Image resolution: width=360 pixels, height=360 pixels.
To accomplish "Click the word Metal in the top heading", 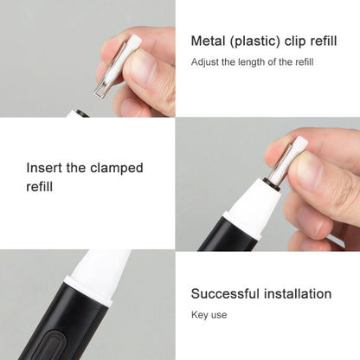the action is click(x=208, y=41).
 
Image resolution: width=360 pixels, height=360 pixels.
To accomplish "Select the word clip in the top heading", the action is click(x=295, y=42).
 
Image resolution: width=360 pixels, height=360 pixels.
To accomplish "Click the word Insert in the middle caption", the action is click(x=44, y=168).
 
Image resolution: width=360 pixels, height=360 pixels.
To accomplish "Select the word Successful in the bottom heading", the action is click(x=225, y=293).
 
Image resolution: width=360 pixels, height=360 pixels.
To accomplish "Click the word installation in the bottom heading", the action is click(x=298, y=293).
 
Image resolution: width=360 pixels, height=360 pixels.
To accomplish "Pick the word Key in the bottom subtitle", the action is click(x=199, y=315).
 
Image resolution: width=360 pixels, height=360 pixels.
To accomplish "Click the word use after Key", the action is click(x=219, y=315).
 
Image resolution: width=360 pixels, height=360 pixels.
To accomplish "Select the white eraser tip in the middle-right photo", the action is click(x=300, y=145).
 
